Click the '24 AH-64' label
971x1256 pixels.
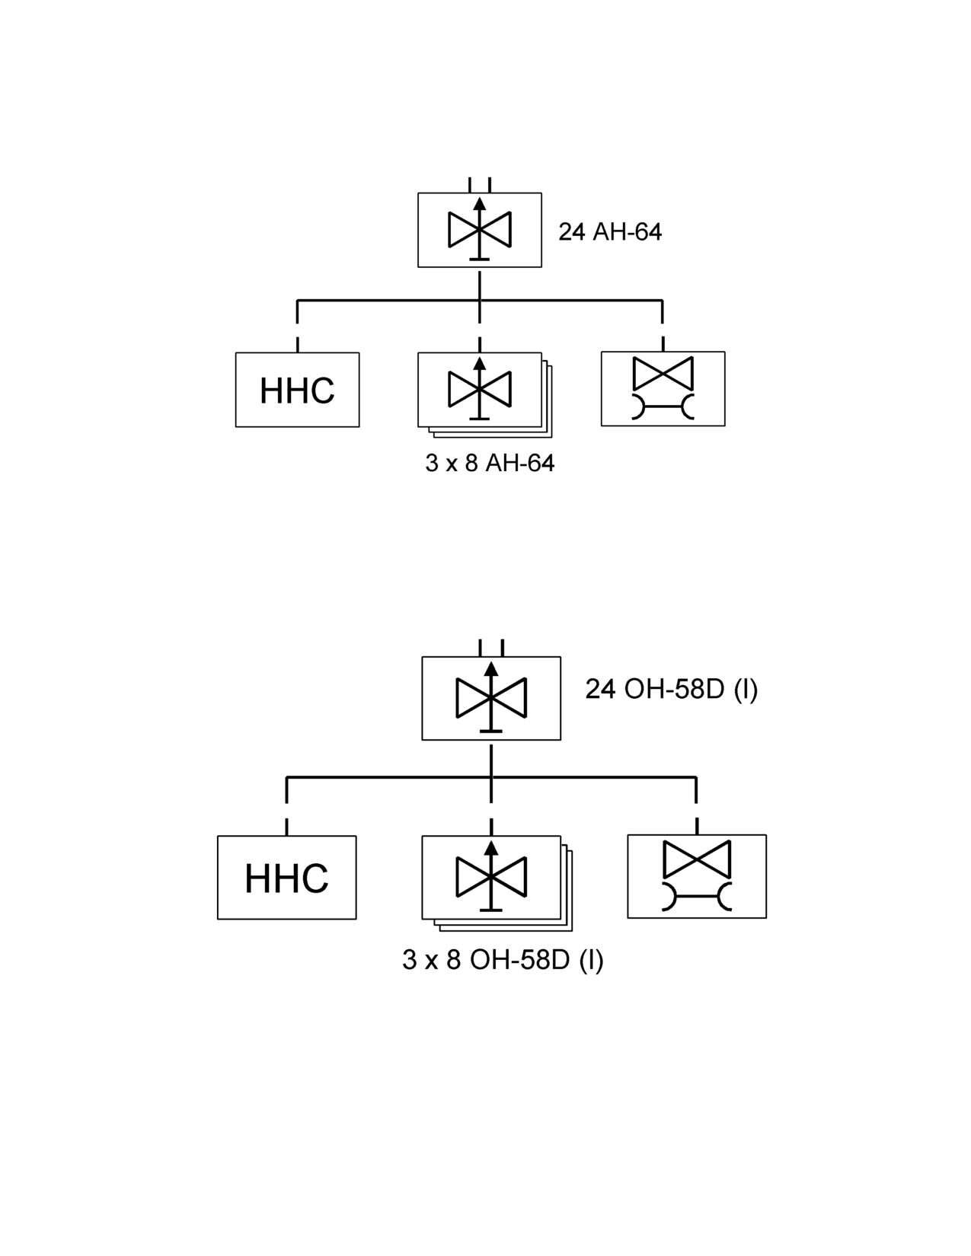[x=609, y=232]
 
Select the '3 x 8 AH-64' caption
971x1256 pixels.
[x=490, y=464]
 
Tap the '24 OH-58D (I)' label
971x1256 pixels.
[x=671, y=690]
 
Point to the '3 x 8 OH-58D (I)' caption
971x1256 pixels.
[x=503, y=960]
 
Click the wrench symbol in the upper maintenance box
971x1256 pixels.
[x=663, y=406]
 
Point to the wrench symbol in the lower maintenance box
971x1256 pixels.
[x=697, y=897]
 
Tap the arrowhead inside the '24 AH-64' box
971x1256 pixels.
[x=480, y=203]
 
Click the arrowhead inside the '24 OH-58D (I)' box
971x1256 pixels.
[x=491, y=669]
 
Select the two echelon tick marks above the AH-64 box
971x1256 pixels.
[x=480, y=185]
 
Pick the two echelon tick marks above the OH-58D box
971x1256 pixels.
[x=491, y=648]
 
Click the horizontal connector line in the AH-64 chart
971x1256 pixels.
[x=480, y=301]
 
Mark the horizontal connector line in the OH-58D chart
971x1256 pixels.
[x=491, y=778]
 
